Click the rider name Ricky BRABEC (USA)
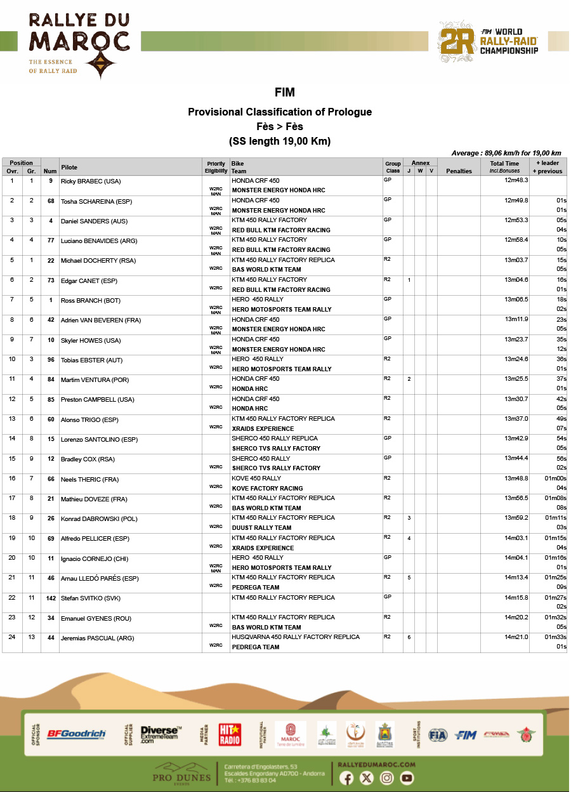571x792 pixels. pyautogui.click(x=90, y=181)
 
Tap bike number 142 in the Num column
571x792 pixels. pyautogui.click(x=50, y=598)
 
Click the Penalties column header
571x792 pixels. pyautogui.click(x=459, y=171)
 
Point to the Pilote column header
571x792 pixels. pyautogui.click(x=69, y=168)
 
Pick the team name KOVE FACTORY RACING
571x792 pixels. pyautogui.click(x=267, y=489)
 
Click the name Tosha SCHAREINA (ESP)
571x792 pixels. pyautogui.click(x=94, y=201)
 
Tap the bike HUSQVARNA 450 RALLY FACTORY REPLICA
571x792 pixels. pyautogui.click(x=296, y=637)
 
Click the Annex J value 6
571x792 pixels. pyautogui.click(x=409, y=637)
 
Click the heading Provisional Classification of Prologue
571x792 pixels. pyautogui.click(x=280, y=112)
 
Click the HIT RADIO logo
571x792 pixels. pyautogui.click(x=230, y=734)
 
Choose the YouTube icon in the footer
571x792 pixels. pyautogui.click(x=407, y=778)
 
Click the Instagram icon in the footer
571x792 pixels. pyautogui.click(x=386, y=778)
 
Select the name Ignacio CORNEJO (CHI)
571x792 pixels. pyautogui.click(x=94, y=558)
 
